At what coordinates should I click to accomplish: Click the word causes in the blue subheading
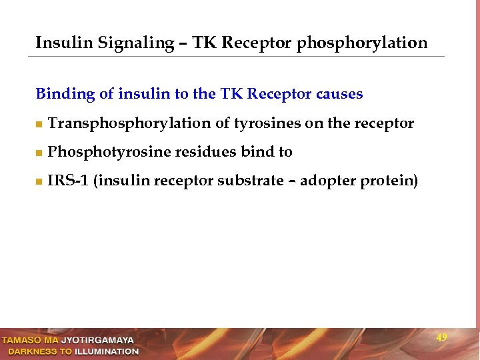[340, 94]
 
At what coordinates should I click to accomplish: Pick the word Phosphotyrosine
[109, 153]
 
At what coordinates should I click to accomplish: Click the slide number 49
[441, 338]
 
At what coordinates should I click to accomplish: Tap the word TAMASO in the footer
[20, 341]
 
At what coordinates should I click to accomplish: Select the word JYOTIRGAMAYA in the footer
[97, 341]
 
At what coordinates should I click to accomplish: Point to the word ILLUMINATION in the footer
[107, 351]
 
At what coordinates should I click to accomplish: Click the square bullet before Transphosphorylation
[39, 125]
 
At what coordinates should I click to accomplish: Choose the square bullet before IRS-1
[39, 182]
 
